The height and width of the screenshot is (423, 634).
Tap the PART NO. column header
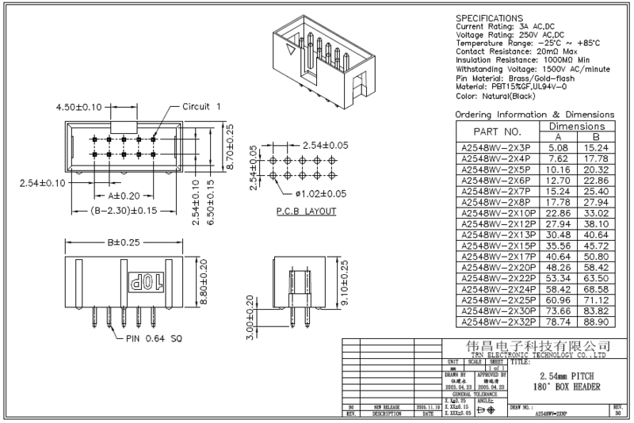pyautogui.click(x=497, y=131)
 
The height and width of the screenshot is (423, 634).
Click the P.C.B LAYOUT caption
pyautogui.click(x=307, y=211)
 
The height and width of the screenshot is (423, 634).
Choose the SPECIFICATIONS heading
pyautogui.click(x=490, y=17)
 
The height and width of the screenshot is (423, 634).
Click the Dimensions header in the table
pyautogui.click(x=578, y=126)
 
